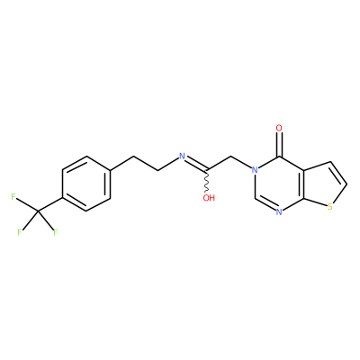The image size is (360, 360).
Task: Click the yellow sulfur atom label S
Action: pyautogui.click(x=330, y=207)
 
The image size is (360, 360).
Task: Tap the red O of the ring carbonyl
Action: pyautogui.click(x=279, y=129)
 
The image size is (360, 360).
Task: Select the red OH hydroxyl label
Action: pyautogui.click(x=209, y=198)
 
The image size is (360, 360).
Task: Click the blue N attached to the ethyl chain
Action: pyautogui.click(x=182, y=156)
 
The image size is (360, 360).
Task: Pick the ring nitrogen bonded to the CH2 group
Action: pyautogui.click(x=255, y=170)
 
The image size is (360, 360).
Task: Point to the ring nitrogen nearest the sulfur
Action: pyautogui.click(x=279, y=212)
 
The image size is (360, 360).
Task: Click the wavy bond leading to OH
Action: pyautogui.click(x=207, y=182)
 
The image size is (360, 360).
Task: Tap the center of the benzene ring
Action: pyautogui.click(x=86, y=184)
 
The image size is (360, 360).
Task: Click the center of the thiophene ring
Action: pyautogui.click(x=324, y=185)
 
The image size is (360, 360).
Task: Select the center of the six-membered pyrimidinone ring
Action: pyautogui.click(x=279, y=184)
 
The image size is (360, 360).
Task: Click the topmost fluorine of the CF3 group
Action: pyautogui.click(x=13, y=197)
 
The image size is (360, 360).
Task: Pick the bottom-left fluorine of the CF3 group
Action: pyautogui.click(x=19, y=232)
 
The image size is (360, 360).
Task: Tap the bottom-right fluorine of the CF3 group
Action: pyautogui.click(x=55, y=232)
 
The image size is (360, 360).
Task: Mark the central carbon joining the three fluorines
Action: pyautogui.click(x=38, y=211)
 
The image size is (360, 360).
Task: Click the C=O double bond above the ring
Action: pyautogui.click(x=279, y=145)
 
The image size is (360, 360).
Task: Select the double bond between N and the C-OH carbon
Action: pyautogui.click(x=195, y=164)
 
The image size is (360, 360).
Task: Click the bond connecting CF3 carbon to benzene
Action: pyautogui.click(x=50, y=204)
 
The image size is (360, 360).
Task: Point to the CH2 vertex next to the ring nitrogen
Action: pyautogui.click(x=230, y=157)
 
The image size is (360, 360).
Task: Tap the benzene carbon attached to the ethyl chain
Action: pyautogui.click(x=110, y=170)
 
